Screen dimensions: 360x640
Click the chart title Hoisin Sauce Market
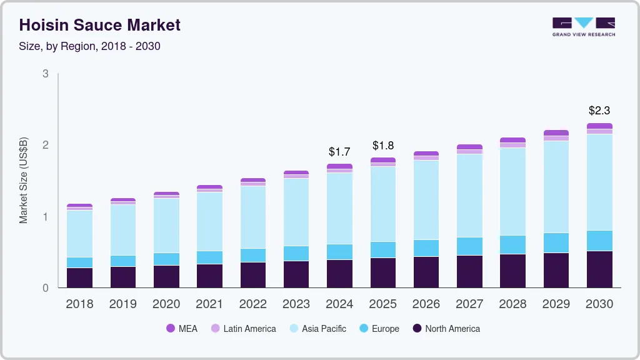pyautogui.click(x=100, y=25)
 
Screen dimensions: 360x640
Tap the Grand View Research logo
pyautogui.click(x=583, y=26)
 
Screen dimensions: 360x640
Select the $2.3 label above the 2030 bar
pyautogui.click(x=599, y=111)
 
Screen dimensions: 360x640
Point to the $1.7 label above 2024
pyautogui.click(x=339, y=151)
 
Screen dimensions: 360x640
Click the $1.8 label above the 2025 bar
pyautogui.click(x=382, y=145)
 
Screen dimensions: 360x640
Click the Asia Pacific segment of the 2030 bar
pyautogui.click(x=599, y=181)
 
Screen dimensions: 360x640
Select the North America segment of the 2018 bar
pyautogui.click(x=79, y=277)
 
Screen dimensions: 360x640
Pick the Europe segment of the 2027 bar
pyautogui.click(x=469, y=246)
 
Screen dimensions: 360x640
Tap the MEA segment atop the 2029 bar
pyautogui.click(x=556, y=133)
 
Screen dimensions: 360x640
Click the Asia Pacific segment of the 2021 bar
pyautogui.click(x=209, y=221)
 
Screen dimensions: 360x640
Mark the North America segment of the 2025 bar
pyautogui.click(x=382, y=272)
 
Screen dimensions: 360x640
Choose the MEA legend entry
pyautogui.click(x=182, y=329)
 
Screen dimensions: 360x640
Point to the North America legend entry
pyautogui.click(x=446, y=329)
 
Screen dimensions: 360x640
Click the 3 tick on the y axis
pyautogui.click(x=46, y=74)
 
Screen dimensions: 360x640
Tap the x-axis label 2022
pyautogui.click(x=252, y=304)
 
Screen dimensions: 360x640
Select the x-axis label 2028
pyautogui.click(x=512, y=304)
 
